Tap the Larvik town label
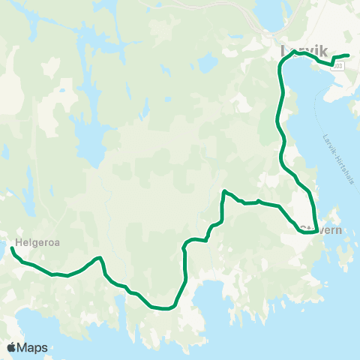[x=304, y=51]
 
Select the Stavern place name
[x=321, y=230]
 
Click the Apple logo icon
[x=12, y=347]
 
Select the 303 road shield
[x=339, y=67]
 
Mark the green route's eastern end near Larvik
[x=349, y=56]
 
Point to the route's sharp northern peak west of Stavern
[x=224, y=191]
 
